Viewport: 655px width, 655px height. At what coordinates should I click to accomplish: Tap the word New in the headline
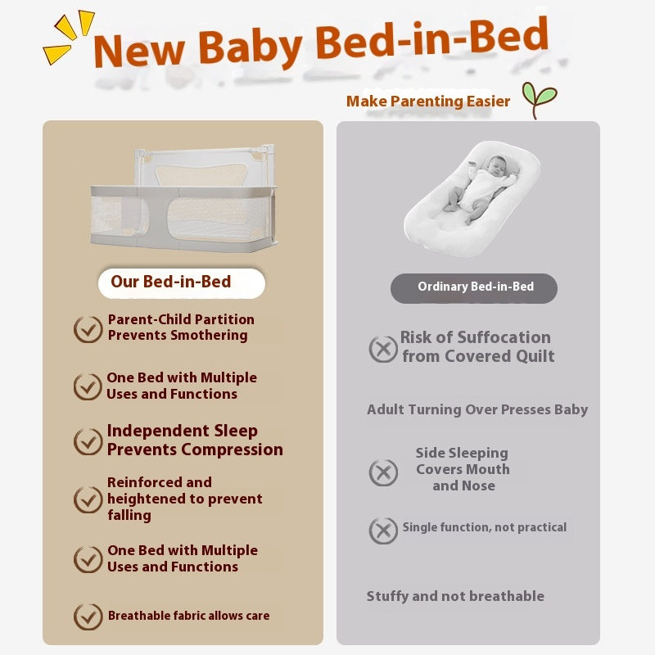click(x=139, y=51)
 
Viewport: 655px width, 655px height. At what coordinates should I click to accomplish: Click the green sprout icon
click(x=540, y=99)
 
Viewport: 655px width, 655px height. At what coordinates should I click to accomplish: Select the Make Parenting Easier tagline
click(x=428, y=101)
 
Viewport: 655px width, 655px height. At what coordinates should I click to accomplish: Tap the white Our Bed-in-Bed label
click(x=181, y=282)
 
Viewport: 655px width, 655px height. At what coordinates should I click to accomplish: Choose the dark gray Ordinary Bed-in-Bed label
click(x=474, y=288)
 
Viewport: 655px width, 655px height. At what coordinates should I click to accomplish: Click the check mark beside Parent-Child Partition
click(x=88, y=329)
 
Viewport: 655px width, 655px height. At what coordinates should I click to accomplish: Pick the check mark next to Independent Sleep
click(x=88, y=441)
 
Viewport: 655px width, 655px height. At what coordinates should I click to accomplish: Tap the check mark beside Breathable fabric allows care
click(x=88, y=617)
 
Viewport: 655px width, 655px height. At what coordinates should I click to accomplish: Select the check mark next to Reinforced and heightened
click(x=88, y=499)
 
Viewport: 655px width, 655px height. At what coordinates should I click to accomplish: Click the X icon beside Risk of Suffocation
click(x=383, y=349)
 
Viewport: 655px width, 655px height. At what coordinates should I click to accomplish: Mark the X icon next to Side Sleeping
click(x=383, y=472)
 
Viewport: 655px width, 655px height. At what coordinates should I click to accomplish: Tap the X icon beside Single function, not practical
click(x=383, y=531)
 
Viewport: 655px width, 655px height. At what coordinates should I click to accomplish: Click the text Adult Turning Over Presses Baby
click(x=477, y=410)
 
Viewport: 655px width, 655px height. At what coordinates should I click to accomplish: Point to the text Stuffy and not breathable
click(x=455, y=596)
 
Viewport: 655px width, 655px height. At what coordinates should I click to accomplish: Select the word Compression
click(x=233, y=450)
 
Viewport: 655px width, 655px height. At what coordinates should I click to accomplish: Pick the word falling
click(x=129, y=516)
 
